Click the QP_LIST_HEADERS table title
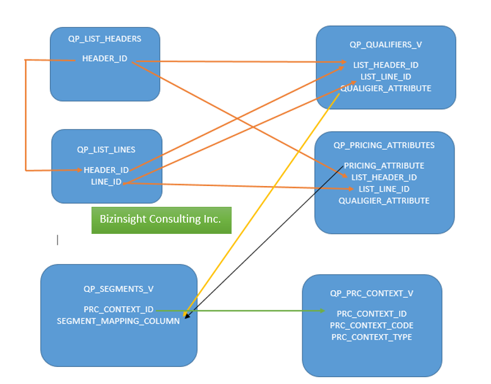tap(105, 38)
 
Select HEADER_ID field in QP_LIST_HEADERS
tap(105, 59)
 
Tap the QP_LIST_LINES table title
tap(106, 149)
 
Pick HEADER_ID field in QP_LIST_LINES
tap(106, 170)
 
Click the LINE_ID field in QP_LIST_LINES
tap(106, 182)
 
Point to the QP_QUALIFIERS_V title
tap(386, 45)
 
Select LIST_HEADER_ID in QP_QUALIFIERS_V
tap(386, 65)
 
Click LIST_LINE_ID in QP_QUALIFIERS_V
tap(386, 76)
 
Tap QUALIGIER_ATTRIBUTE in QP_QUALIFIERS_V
tap(386, 88)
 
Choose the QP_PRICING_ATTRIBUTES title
tap(384, 145)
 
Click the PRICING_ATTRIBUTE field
tap(384, 165)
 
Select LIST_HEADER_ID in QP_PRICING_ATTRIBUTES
tap(384, 177)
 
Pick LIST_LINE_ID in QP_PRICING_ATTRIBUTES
tap(384, 189)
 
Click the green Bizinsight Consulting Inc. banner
tap(161, 219)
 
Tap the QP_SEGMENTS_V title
tap(119, 289)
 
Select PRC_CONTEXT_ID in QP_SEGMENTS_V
tap(119, 310)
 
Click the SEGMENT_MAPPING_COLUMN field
tap(119, 321)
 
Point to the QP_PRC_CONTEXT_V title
tap(372, 293)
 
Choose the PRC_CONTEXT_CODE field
tap(372, 325)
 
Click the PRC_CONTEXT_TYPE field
tap(372, 337)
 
